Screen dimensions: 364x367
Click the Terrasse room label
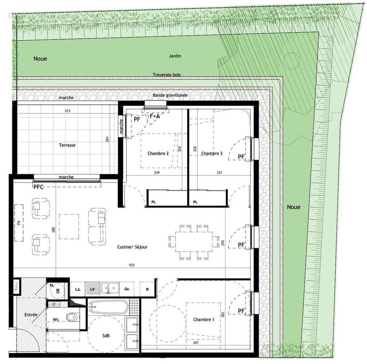(66, 145)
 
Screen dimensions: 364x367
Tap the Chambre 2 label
(158, 154)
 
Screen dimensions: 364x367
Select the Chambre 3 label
(211, 154)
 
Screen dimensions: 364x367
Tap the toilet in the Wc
(70, 317)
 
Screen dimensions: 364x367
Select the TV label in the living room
(19, 223)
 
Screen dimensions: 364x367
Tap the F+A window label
(155, 116)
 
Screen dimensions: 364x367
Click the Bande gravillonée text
(170, 95)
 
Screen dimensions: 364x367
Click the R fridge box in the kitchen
(147, 289)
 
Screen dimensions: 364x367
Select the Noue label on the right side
(294, 207)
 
